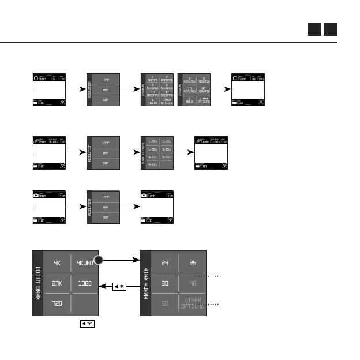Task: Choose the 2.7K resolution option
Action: (57, 283)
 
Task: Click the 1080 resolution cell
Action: (85, 283)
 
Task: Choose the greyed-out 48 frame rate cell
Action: (193, 283)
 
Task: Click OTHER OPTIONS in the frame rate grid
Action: (193, 303)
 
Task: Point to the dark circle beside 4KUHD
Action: (100, 260)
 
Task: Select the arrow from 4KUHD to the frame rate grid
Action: (122, 260)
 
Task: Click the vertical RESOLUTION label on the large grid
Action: (38, 283)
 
